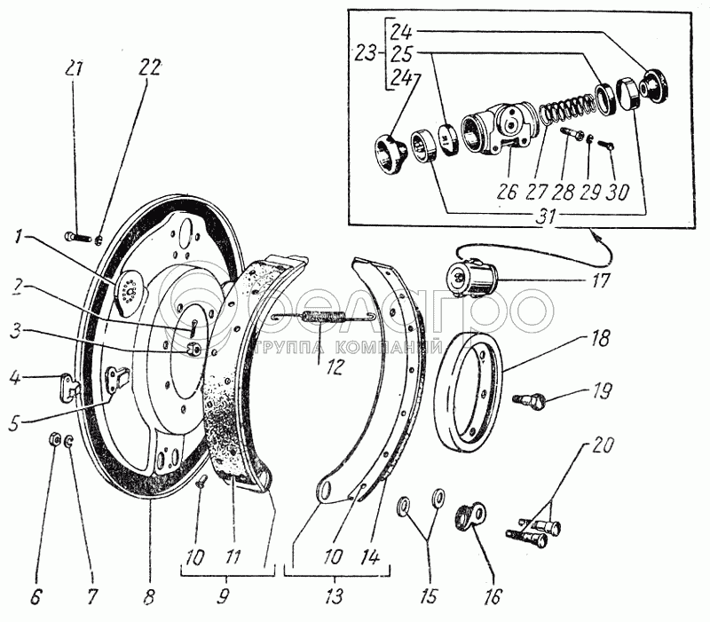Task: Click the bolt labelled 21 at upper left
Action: [79, 237]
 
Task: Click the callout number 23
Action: [366, 54]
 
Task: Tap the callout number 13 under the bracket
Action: [335, 596]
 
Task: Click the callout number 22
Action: [150, 68]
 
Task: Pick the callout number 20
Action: [603, 445]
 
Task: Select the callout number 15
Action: [429, 596]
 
